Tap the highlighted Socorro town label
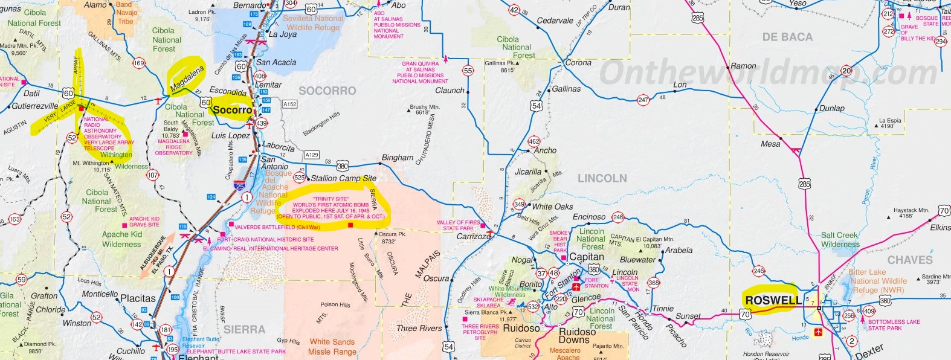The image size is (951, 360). pos(232,110)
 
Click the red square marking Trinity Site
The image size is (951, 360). pos(350,225)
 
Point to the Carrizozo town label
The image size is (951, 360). pos(474,236)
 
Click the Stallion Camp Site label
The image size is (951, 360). pos(343,178)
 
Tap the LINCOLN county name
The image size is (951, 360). pos(602,178)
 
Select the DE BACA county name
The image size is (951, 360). pos(787,37)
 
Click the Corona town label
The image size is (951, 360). pos(578,63)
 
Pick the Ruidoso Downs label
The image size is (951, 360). pos(577,336)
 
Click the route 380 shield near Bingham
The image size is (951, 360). pos(343,166)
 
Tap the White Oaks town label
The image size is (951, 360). pos(552,207)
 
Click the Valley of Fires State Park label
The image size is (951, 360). pos(458,225)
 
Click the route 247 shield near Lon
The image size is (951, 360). pos(643,100)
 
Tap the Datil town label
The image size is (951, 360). pos(31,94)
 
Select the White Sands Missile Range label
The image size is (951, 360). pos(332,346)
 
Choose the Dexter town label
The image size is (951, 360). pos(869,352)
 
